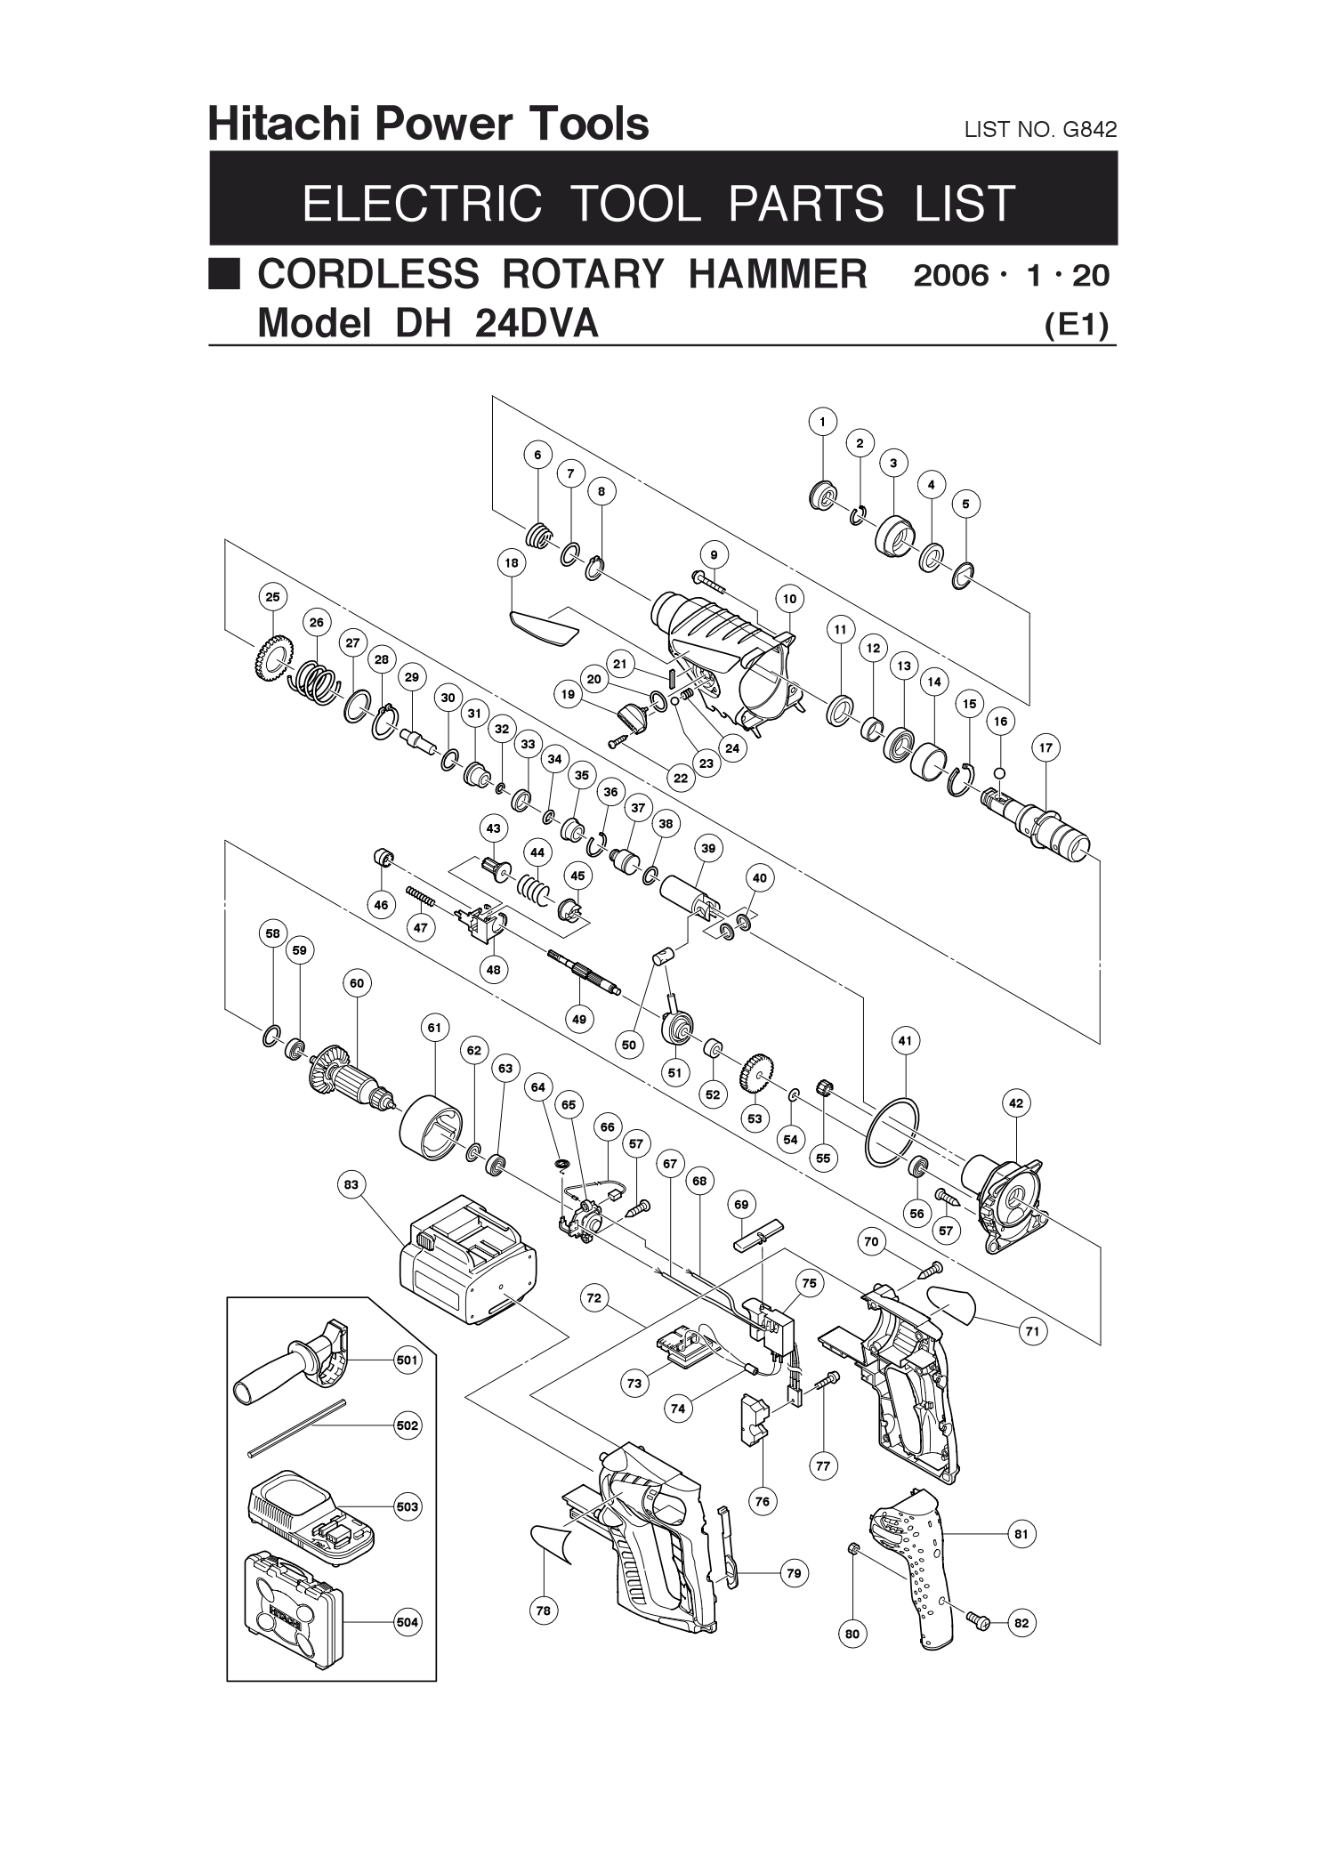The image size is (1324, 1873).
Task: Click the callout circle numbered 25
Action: point(272,597)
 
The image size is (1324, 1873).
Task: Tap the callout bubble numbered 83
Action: point(351,1184)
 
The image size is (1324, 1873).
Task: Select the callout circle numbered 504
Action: point(408,1622)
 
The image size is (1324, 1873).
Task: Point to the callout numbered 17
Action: point(1045,748)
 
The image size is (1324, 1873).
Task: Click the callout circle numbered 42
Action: point(1016,1103)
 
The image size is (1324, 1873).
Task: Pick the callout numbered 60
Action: point(357,983)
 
